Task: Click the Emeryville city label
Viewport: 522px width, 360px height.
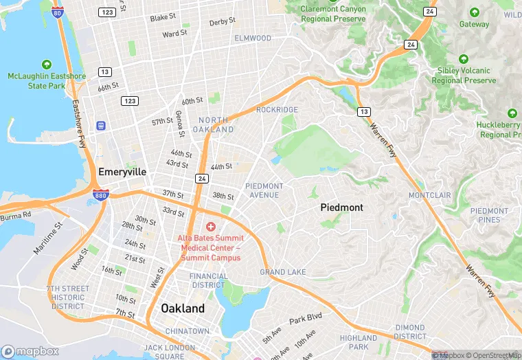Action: pos(122,172)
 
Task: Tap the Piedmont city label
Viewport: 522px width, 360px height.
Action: pos(341,207)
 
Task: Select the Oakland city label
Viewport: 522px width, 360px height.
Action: pos(183,308)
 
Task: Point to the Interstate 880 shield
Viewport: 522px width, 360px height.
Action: pos(100,194)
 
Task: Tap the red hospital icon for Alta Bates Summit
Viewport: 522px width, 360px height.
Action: pos(210,227)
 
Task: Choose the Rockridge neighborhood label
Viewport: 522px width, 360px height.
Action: pos(277,110)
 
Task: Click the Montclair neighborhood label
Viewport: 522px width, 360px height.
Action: pos(429,195)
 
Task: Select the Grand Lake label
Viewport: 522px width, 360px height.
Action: pos(283,272)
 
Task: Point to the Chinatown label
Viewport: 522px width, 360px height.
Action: pos(187,331)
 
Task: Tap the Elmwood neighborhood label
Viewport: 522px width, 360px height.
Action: pos(253,38)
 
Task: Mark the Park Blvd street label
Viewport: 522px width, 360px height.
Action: pos(305,319)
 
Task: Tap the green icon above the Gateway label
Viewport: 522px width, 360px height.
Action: pos(474,12)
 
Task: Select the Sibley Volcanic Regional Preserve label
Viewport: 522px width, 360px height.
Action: pos(464,76)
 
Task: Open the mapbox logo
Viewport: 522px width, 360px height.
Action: pos(31,351)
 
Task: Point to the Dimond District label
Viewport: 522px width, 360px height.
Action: pos(410,333)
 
